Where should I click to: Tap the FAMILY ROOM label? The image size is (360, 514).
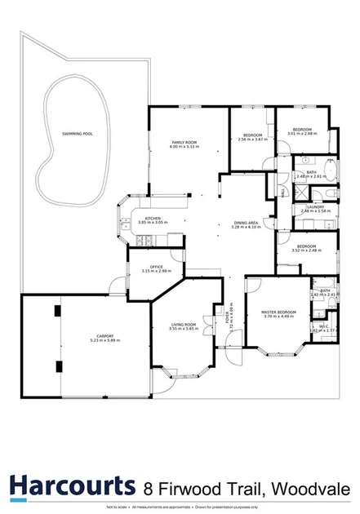point(184,143)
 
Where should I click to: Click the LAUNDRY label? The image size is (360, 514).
point(315,207)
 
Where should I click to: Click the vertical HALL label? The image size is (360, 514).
point(282,193)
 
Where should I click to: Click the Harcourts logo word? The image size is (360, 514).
point(72,487)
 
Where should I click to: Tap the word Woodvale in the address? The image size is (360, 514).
point(313,488)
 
